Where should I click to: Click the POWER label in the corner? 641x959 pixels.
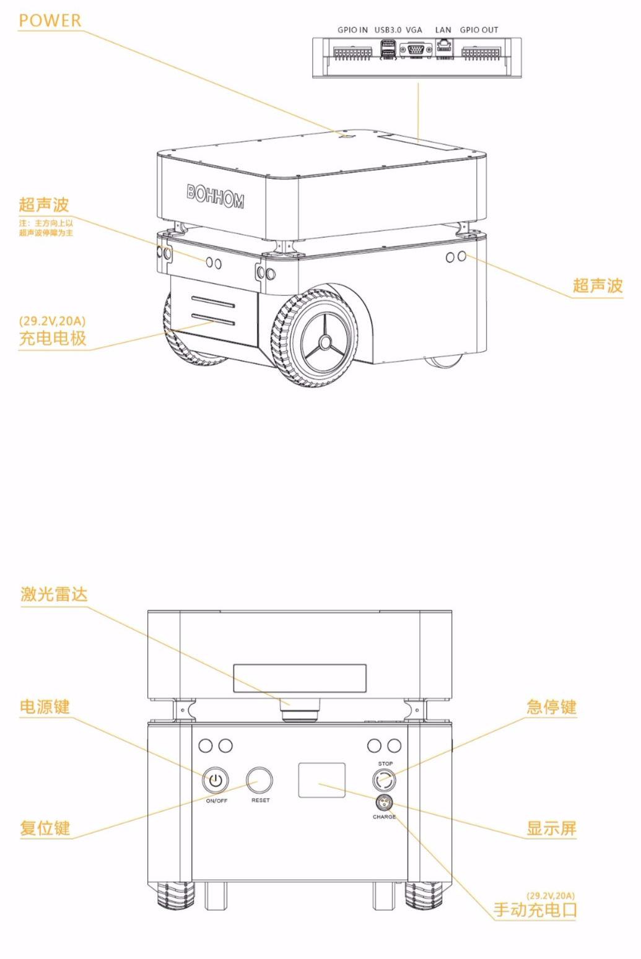(50, 20)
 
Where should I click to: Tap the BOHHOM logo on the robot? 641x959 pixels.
(215, 196)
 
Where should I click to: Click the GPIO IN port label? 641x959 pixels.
(352, 30)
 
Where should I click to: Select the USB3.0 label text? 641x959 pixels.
(388, 30)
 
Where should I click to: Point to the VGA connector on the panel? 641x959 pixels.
(416, 50)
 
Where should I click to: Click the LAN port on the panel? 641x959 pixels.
(444, 48)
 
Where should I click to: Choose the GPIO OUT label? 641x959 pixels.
(479, 30)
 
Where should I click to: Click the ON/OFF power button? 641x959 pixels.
(215, 781)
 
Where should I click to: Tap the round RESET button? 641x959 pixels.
(259, 780)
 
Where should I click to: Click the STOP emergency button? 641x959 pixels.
(385, 779)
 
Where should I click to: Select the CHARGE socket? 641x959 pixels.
(384, 804)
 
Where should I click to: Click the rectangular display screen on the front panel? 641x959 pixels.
(321, 780)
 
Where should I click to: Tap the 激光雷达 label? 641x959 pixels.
(54, 594)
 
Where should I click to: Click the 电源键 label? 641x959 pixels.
(45, 706)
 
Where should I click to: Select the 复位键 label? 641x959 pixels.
(45, 828)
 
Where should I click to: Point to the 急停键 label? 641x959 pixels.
(551, 706)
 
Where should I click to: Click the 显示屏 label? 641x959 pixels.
(551, 828)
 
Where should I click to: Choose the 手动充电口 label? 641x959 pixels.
(535, 909)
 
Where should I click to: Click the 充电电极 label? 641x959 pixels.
(53, 338)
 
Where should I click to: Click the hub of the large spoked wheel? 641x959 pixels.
(324, 342)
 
